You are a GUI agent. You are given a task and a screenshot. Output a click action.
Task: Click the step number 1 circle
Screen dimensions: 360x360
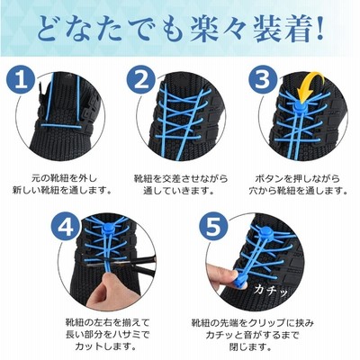pyautogui.click(x=21, y=79)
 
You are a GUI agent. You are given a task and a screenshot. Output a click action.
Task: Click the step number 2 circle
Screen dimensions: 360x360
pyautogui.click(x=141, y=79)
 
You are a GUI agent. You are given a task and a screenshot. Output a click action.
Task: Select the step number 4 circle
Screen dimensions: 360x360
pyautogui.click(x=66, y=227)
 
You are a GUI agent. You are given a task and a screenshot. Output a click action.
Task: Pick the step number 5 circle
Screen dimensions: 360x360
pyautogui.click(x=212, y=227)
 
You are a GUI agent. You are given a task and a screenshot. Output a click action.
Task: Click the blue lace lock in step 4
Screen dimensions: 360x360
pyautogui.click(x=107, y=230)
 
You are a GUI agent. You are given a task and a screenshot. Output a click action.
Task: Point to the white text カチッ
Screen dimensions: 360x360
pyautogui.click(x=271, y=290)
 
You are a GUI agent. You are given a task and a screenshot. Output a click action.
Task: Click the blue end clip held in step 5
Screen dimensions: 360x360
pyautogui.click(x=241, y=282)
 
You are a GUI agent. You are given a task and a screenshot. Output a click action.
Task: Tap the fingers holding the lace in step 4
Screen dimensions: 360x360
pyautogui.click(x=103, y=288)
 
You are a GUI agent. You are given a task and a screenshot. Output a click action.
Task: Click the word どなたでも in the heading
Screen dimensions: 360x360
pyautogui.click(x=110, y=30)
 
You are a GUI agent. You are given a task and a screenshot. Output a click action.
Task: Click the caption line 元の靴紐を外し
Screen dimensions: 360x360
pyautogui.click(x=65, y=178)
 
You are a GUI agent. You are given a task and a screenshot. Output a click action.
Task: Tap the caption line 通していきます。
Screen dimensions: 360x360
pyautogui.click(x=179, y=191)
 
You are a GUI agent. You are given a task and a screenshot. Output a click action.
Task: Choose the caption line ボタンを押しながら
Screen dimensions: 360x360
pyautogui.click(x=298, y=178)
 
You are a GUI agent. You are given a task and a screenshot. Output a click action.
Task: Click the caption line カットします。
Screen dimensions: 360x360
pyautogui.click(x=105, y=346)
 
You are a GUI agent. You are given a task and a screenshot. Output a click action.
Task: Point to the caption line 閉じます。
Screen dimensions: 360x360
pyautogui.click(x=250, y=346)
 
